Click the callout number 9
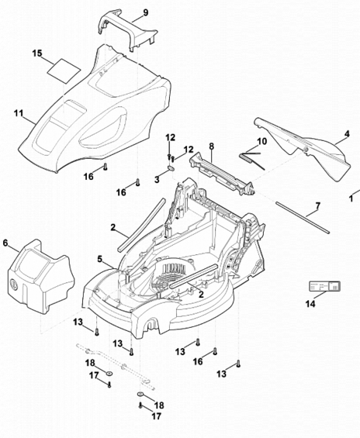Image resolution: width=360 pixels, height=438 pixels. pyautogui.click(x=145, y=13)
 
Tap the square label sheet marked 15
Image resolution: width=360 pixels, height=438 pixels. pyautogui.click(x=64, y=71)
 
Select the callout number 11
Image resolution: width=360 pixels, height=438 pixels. pyautogui.click(x=19, y=113)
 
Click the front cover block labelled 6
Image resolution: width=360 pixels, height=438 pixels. pyautogui.click(x=41, y=276)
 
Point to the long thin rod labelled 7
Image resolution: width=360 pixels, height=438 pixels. pyautogui.click(x=303, y=217)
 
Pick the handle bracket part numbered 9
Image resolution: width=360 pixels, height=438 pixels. pyautogui.click(x=128, y=32)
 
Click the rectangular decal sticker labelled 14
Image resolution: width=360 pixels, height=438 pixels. pyautogui.click(x=324, y=286)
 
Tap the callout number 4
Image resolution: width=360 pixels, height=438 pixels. pyautogui.click(x=347, y=134)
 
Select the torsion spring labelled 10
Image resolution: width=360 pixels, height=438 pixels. pyautogui.click(x=252, y=160)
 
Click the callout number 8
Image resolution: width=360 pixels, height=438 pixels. pyautogui.click(x=211, y=146)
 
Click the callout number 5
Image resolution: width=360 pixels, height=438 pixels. pyautogui.click(x=100, y=259)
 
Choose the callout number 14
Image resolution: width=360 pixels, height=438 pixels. pyautogui.click(x=310, y=304)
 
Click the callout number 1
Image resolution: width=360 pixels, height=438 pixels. pyautogui.click(x=351, y=199)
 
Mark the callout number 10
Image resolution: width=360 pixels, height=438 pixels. pyautogui.click(x=262, y=141)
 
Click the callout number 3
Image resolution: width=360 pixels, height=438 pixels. pyautogui.click(x=157, y=180)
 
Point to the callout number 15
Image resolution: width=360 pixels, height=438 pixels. pyautogui.click(x=37, y=53)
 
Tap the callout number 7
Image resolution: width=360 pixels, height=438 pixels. pyautogui.click(x=318, y=206)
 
